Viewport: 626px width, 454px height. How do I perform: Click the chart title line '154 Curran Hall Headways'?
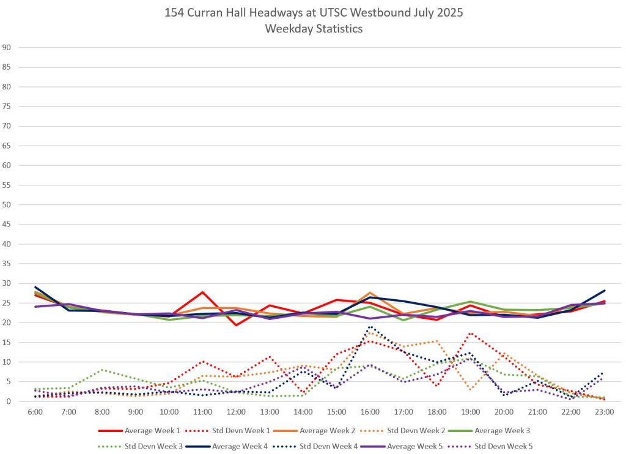pyautogui.click(x=313, y=12)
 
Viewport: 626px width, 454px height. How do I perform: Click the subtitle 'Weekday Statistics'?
pyautogui.click(x=313, y=29)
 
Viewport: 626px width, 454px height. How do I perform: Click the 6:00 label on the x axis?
pyautogui.click(x=35, y=412)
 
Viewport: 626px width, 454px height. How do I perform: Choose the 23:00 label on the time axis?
pyautogui.click(x=604, y=412)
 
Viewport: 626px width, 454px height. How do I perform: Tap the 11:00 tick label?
pyautogui.click(x=202, y=412)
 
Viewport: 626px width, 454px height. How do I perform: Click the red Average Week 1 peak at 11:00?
pyautogui.click(x=202, y=292)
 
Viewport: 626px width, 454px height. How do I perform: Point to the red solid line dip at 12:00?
pyautogui.click(x=236, y=325)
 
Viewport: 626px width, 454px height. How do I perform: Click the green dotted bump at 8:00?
pyautogui.click(x=102, y=370)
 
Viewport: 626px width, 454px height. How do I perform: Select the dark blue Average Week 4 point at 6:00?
pyautogui.click(x=35, y=287)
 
